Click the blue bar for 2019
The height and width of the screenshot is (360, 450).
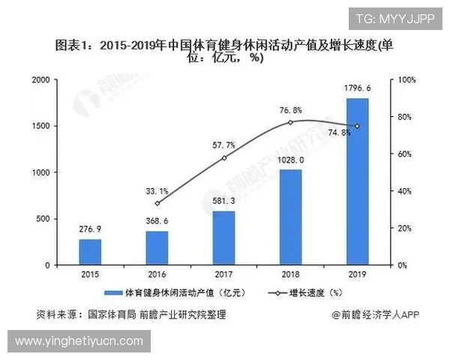pyautogui.click(x=357, y=181)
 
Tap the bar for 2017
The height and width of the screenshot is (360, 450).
pyautogui.click(x=223, y=238)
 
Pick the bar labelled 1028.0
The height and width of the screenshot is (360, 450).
pyautogui.click(x=290, y=217)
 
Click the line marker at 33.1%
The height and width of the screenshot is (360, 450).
pyautogui.click(x=157, y=203)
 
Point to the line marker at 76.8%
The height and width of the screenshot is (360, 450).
pyautogui.click(x=290, y=122)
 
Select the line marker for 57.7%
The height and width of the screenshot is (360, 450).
pyautogui.click(x=223, y=157)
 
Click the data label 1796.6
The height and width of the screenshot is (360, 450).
pyautogui.click(x=358, y=88)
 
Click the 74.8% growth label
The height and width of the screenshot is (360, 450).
pyautogui.click(x=339, y=133)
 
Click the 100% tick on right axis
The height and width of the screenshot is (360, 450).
pyautogui.click(x=406, y=79)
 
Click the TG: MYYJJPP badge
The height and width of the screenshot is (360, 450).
pyautogui.click(x=394, y=19)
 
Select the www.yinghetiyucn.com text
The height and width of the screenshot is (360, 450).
pyautogui.click(x=79, y=341)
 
